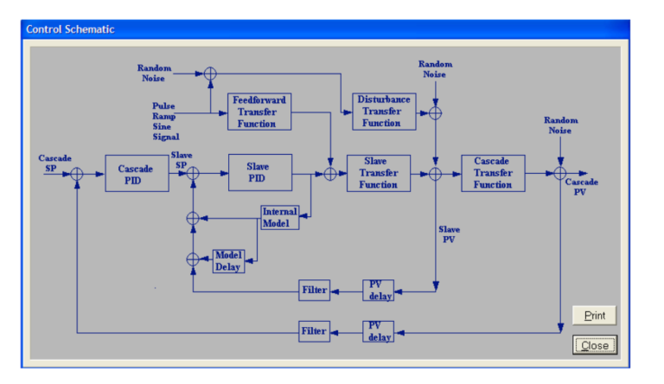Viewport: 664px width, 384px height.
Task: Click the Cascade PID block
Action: click(x=137, y=173)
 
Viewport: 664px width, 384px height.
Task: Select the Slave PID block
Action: click(x=259, y=173)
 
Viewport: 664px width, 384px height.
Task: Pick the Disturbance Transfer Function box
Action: click(x=382, y=112)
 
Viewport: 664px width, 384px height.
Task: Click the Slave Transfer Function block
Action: click(x=378, y=173)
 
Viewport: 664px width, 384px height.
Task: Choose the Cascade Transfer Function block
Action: click(x=493, y=173)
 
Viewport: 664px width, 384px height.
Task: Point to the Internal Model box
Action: click(x=279, y=217)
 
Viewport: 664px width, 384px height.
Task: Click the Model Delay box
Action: click(x=228, y=260)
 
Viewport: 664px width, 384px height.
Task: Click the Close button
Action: click(x=594, y=345)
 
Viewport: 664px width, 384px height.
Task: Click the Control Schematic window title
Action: click(x=70, y=29)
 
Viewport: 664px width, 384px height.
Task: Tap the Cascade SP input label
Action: click(x=54, y=163)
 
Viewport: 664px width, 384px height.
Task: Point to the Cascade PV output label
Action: click(x=581, y=188)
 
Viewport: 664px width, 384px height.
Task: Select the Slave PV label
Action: click(x=450, y=234)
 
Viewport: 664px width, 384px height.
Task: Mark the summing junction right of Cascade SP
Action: click(x=78, y=174)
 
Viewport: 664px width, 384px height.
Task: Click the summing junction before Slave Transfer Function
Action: click(x=329, y=174)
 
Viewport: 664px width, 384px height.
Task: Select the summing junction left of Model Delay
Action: click(x=193, y=259)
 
